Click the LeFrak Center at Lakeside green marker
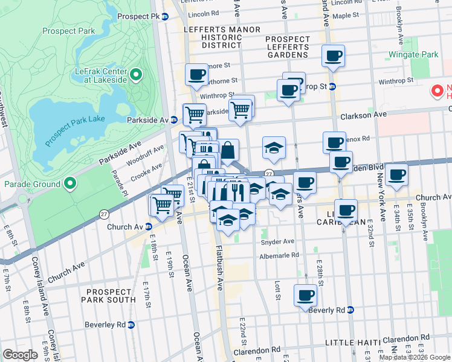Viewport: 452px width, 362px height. coord(136,75)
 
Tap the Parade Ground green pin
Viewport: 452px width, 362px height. coord(71,183)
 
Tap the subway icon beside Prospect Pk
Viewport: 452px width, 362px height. coord(164,17)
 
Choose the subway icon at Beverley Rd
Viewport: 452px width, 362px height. coord(131,325)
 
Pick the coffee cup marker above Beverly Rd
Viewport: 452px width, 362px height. coord(305,296)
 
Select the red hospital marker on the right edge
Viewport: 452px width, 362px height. coord(437,91)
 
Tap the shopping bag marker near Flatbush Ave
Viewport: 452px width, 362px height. coord(228,151)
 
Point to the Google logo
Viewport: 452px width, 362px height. coord(20,355)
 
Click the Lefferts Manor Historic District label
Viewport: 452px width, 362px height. coord(216,37)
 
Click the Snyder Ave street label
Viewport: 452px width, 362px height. coord(277,241)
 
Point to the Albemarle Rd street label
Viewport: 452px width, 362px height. coord(279,255)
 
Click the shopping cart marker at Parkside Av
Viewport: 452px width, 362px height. coord(194,114)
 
